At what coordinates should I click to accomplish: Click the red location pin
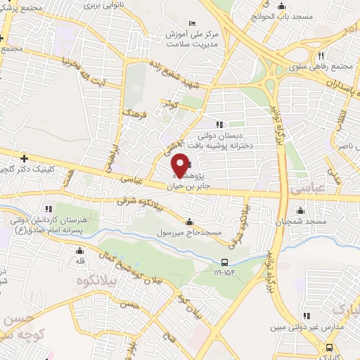pos(181,165)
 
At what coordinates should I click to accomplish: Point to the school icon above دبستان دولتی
pos(219,125)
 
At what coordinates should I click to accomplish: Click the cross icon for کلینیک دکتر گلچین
pos(25,157)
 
